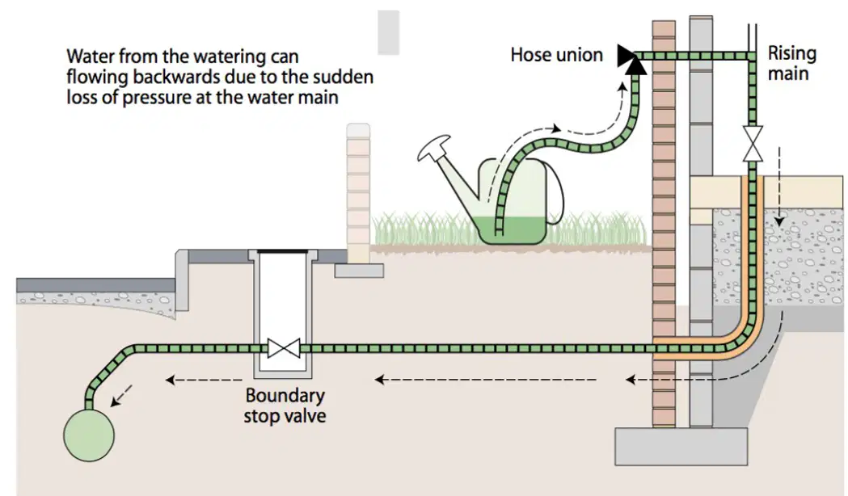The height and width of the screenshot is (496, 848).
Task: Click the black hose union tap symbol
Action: point(630,58)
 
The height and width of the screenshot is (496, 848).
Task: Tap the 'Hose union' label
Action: point(556,55)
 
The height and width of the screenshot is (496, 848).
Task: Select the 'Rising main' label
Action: point(791,63)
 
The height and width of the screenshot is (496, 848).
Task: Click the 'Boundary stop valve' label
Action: point(285,406)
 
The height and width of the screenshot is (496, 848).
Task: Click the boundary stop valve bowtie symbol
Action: point(284,348)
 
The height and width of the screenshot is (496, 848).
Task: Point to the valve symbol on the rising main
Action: point(753,145)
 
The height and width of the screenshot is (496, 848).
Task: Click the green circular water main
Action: point(89,435)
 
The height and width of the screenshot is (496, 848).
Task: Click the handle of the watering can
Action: point(557,195)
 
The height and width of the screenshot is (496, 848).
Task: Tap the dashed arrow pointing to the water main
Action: point(121,395)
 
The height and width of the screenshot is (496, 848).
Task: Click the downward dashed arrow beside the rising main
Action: point(778,187)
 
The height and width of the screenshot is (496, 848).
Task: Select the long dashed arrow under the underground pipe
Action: point(486,380)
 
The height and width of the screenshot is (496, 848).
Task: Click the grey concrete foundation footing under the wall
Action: point(681,446)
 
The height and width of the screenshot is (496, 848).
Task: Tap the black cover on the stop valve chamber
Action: point(282,251)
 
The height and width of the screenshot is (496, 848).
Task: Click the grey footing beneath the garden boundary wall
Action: point(359,270)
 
